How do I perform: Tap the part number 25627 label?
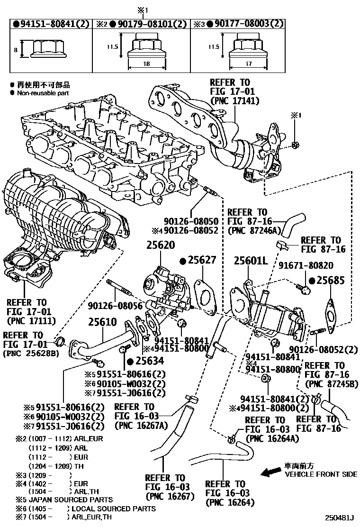201,260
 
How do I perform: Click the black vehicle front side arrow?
271,472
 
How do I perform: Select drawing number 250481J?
340,518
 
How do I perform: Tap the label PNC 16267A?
142,425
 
